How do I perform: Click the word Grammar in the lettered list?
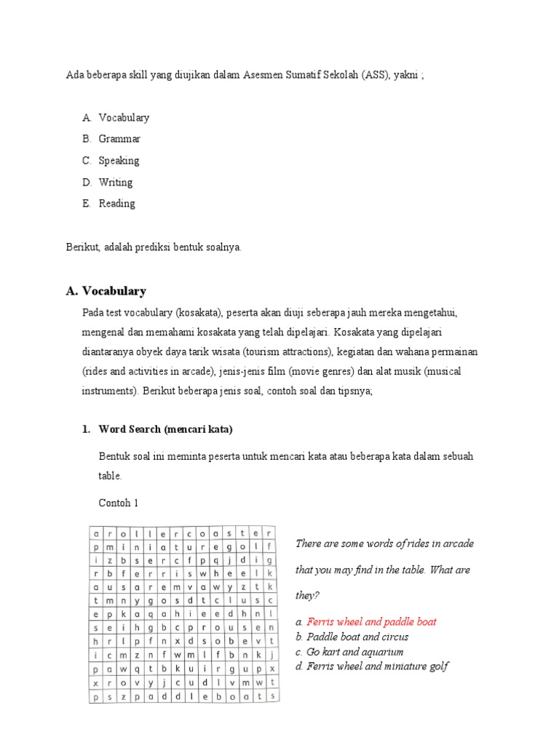tap(119, 139)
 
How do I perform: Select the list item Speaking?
tap(119, 161)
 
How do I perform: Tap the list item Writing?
tap(116, 183)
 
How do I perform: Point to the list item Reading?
tap(117, 204)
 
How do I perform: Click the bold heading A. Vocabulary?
tap(106, 291)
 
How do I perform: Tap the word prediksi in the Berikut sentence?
tap(149, 247)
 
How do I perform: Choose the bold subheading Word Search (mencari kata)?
tap(165, 429)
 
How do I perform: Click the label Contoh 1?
tap(118, 503)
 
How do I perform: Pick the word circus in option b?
tap(390, 637)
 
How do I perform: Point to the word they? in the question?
tap(307, 595)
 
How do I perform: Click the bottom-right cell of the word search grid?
tap(271, 696)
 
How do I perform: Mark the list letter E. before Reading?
tap(87, 204)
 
